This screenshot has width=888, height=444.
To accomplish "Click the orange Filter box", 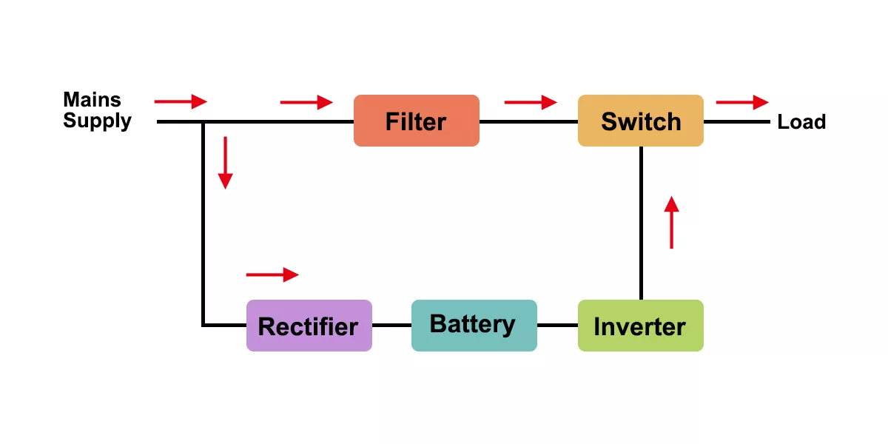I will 416,121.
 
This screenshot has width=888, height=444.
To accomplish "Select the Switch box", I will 640,121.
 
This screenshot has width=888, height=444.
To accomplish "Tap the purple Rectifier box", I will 309,326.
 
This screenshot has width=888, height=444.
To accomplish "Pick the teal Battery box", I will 474,325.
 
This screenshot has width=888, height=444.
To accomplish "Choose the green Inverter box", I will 640,326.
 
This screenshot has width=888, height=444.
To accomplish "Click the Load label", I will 801,121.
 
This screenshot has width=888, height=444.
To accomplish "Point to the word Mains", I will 92,99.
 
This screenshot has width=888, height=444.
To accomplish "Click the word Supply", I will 97,121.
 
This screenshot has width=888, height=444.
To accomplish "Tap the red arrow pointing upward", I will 671,222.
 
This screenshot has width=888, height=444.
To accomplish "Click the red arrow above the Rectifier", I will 272,275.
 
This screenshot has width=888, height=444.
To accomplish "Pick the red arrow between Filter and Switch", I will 530,102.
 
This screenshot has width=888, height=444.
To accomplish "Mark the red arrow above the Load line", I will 742,102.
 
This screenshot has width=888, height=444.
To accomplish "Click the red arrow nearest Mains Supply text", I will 181,101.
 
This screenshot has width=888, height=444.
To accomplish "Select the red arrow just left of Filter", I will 306,102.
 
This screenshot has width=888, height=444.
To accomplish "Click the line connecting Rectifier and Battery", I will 391,325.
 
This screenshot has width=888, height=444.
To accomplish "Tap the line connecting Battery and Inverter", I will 557,325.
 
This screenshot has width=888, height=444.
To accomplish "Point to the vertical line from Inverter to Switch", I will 641,222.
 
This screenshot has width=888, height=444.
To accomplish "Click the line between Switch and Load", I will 737,121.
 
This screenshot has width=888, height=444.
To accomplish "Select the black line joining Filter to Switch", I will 528,121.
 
